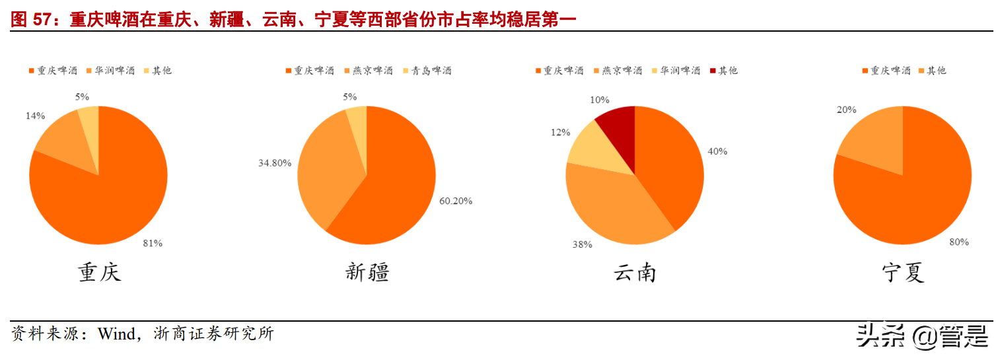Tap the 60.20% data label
point(456,201)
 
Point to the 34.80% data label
point(275,162)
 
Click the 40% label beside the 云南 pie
point(717,151)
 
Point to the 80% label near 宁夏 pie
point(958,242)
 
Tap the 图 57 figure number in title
point(31,20)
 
